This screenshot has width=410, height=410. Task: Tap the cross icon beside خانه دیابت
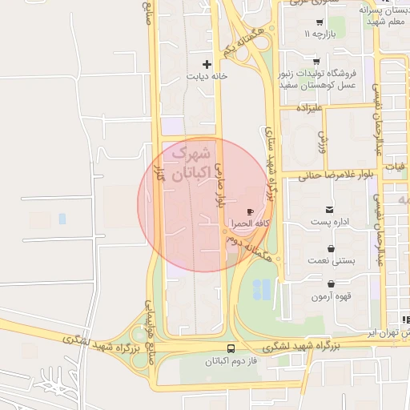207,63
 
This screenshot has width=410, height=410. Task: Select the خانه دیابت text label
207,77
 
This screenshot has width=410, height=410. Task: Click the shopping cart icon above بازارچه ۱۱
320,22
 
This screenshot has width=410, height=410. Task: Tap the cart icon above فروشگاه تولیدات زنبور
316,61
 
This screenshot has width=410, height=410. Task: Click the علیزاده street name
313,107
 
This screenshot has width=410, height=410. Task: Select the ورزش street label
324,142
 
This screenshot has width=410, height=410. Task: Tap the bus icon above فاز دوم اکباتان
231,348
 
